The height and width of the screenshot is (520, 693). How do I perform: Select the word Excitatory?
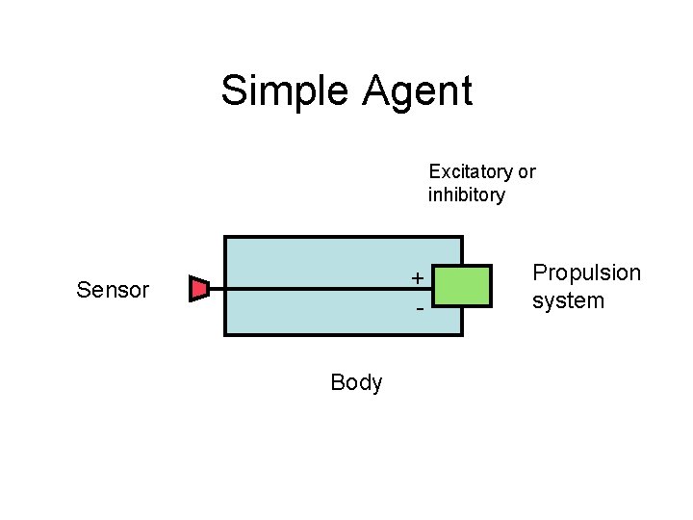click(471, 171)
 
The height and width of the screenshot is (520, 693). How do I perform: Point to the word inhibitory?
click(466, 195)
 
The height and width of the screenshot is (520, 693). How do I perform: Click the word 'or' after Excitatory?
click(526, 172)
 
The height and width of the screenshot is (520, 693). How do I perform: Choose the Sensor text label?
click(113, 290)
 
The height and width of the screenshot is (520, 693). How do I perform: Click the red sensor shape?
click(199, 288)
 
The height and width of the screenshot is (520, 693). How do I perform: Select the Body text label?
click(356, 382)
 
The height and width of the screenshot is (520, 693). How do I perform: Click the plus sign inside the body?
click(417, 278)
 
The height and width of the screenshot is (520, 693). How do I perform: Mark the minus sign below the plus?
click(420, 309)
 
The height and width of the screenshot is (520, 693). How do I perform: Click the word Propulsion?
click(586, 273)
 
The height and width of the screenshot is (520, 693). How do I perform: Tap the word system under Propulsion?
click(568, 300)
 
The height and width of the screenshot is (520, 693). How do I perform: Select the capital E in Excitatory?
click(434, 171)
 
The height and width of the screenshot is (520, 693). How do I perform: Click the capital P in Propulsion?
click(539, 273)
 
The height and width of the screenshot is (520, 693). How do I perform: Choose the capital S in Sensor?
click(83, 290)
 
